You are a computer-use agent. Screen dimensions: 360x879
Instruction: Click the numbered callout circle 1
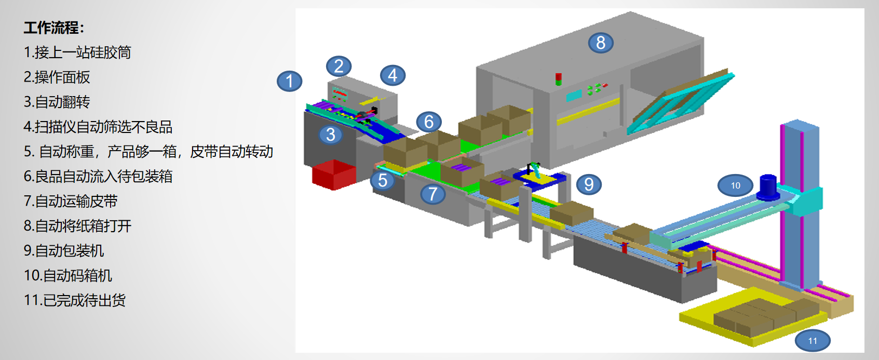290,81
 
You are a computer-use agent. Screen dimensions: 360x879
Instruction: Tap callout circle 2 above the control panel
339,66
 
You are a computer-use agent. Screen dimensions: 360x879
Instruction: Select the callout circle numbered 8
601,43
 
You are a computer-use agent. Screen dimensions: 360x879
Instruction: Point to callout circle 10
735,185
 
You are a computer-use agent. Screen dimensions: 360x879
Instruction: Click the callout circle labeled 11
813,341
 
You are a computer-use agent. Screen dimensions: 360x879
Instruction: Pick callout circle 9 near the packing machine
589,184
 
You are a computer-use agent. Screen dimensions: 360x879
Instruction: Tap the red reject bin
334,174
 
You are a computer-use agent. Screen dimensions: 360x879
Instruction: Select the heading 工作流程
54,28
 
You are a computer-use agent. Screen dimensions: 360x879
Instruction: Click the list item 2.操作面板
57,77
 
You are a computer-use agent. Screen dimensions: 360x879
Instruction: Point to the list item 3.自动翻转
57,102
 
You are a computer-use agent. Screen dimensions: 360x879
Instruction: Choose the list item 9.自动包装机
64,251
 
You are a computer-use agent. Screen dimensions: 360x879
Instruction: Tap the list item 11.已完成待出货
75,300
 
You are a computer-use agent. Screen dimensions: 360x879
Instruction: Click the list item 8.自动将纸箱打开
78,226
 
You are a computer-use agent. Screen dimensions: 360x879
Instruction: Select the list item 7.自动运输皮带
71,201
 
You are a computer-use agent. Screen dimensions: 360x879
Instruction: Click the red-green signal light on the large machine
559,79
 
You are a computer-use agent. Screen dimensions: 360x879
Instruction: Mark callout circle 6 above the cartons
429,122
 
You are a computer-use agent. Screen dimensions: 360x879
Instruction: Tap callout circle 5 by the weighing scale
383,180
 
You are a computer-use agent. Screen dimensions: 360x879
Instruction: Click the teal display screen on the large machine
574,96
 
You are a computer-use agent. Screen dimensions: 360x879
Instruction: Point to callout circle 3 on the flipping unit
331,135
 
